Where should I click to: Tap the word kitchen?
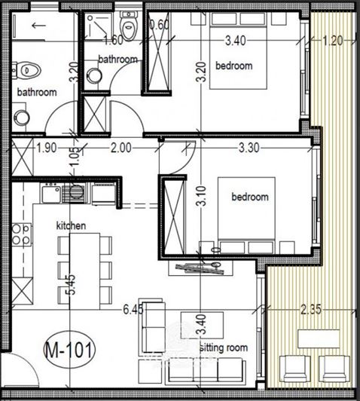(72, 225)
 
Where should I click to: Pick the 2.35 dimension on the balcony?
(312, 309)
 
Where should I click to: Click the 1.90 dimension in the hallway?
(47, 148)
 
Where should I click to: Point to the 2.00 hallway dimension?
(120, 148)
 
